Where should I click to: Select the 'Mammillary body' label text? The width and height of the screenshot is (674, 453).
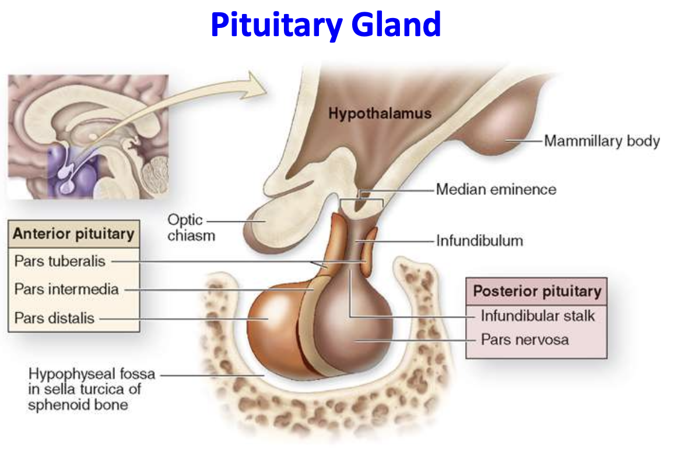click(x=602, y=141)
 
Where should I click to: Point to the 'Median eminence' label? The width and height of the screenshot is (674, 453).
click(x=496, y=189)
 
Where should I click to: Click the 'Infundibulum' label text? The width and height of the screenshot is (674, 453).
click(x=479, y=240)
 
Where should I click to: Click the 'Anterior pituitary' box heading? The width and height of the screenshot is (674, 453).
click(x=73, y=234)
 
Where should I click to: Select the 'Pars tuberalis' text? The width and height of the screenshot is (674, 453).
click(x=60, y=261)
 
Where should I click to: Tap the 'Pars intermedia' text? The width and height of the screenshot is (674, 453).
click(x=66, y=289)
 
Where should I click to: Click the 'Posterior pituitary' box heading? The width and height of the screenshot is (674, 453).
click(x=536, y=291)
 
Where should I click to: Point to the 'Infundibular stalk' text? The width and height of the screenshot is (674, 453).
click(x=538, y=316)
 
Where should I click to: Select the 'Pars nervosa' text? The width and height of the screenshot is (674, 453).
click(x=524, y=339)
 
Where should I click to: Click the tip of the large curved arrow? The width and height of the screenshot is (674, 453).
click(x=265, y=85)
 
